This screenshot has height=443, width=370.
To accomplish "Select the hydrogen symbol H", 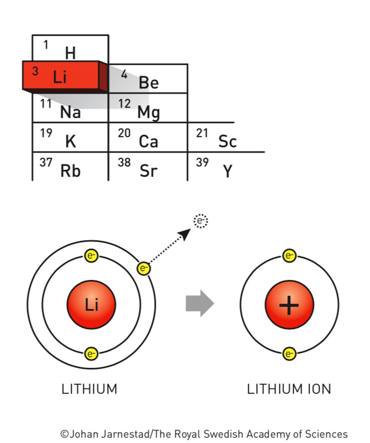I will point(70,53).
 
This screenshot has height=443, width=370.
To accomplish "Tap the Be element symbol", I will point(149,83).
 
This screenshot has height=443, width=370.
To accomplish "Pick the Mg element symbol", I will point(149,112).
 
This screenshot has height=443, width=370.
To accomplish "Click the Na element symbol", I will point(70,112).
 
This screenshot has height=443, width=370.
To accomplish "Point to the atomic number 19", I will point(46,133).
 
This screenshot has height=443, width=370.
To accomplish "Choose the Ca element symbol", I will point(149,142).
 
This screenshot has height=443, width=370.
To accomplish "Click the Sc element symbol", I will point(227,142).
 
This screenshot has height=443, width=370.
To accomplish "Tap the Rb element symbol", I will point(70,171).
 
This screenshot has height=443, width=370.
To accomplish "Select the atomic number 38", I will point(124,163).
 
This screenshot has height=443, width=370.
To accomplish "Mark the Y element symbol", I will point(228,171).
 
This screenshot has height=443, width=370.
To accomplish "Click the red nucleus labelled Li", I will point(91,305).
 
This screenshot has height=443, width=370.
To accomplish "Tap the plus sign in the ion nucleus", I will point(289,305).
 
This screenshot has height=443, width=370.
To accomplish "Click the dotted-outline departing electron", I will point(201,221).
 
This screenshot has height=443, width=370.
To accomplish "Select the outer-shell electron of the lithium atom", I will point(144,268).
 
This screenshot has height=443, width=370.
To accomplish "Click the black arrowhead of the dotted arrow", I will point(186,233).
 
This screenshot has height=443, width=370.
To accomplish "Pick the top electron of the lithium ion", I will point(289,255).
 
